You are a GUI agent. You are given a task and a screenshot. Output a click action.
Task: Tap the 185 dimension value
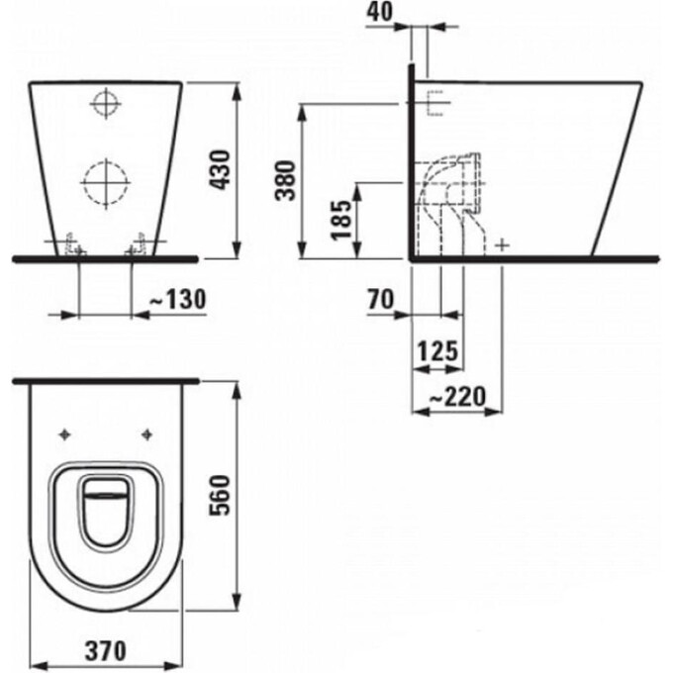tap(341, 218)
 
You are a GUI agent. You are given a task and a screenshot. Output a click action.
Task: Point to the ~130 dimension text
tap(174, 297)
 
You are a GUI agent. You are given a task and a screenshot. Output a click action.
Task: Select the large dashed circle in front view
tap(105, 182)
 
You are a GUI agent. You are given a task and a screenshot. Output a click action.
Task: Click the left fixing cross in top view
tap(66, 433)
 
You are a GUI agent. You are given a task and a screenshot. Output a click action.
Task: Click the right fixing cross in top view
tap(146, 433)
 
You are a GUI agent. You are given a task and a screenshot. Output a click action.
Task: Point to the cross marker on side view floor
tap(503, 244)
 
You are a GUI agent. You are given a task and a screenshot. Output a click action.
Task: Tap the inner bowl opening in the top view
tap(105, 507)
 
